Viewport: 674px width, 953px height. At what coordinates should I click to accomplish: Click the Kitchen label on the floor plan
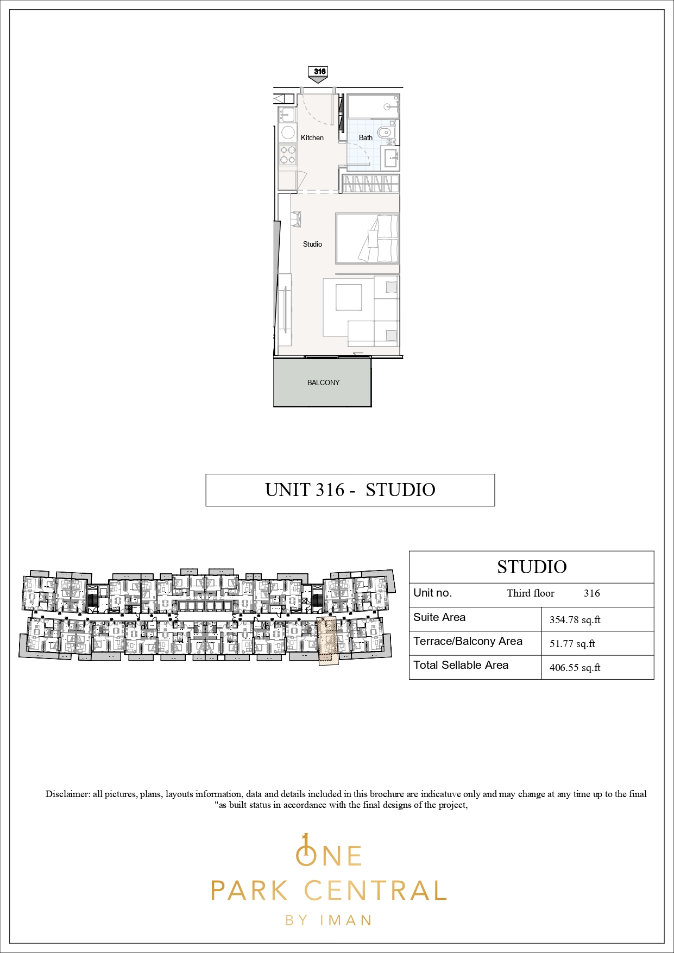(312, 137)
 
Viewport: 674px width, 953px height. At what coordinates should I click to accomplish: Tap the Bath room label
(366, 137)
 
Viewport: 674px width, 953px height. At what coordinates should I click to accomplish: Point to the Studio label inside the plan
(312, 244)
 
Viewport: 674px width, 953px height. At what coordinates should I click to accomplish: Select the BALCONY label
(323, 383)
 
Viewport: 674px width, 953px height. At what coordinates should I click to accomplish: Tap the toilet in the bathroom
(384, 131)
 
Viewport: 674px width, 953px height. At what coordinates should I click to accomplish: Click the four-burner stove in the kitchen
(288, 154)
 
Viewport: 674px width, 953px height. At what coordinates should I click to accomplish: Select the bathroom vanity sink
(391, 158)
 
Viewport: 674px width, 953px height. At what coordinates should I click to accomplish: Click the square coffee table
(349, 297)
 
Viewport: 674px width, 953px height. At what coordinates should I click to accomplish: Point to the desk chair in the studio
(296, 219)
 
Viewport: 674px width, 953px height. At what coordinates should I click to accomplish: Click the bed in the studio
(368, 239)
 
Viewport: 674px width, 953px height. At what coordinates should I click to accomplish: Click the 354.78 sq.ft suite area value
(575, 620)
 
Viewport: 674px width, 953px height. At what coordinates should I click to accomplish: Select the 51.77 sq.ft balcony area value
(572, 644)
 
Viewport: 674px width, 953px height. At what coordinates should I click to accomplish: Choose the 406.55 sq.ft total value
(575, 668)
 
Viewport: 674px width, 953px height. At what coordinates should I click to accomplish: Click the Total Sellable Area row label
(461, 665)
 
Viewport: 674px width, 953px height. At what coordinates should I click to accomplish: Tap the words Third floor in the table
(531, 593)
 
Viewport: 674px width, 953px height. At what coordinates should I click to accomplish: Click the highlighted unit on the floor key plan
(328, 641)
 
